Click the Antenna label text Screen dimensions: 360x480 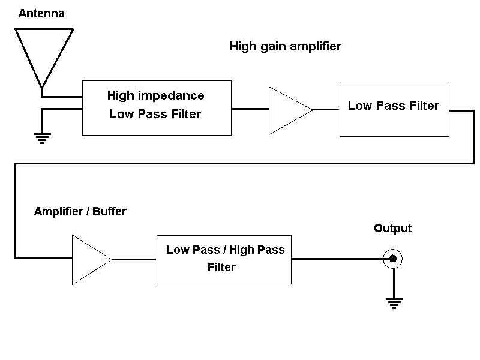pos(41,13)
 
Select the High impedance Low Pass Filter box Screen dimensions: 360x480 pos(156,108)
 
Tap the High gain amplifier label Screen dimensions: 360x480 pos(285,47)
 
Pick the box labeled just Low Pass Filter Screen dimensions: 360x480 pos(394,109)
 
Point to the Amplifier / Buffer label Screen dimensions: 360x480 pos(80,211)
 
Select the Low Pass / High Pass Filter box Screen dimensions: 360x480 pos(224,259)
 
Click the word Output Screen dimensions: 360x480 pos(392,229)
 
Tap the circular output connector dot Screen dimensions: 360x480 pos(392,259)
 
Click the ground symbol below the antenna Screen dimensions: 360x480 pos(41,139)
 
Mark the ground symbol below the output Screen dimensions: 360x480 pos(394,302)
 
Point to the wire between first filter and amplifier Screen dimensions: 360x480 pos(250,109)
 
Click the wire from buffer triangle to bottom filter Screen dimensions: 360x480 pos(134,259)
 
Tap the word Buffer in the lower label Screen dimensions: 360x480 pos(110,211)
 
